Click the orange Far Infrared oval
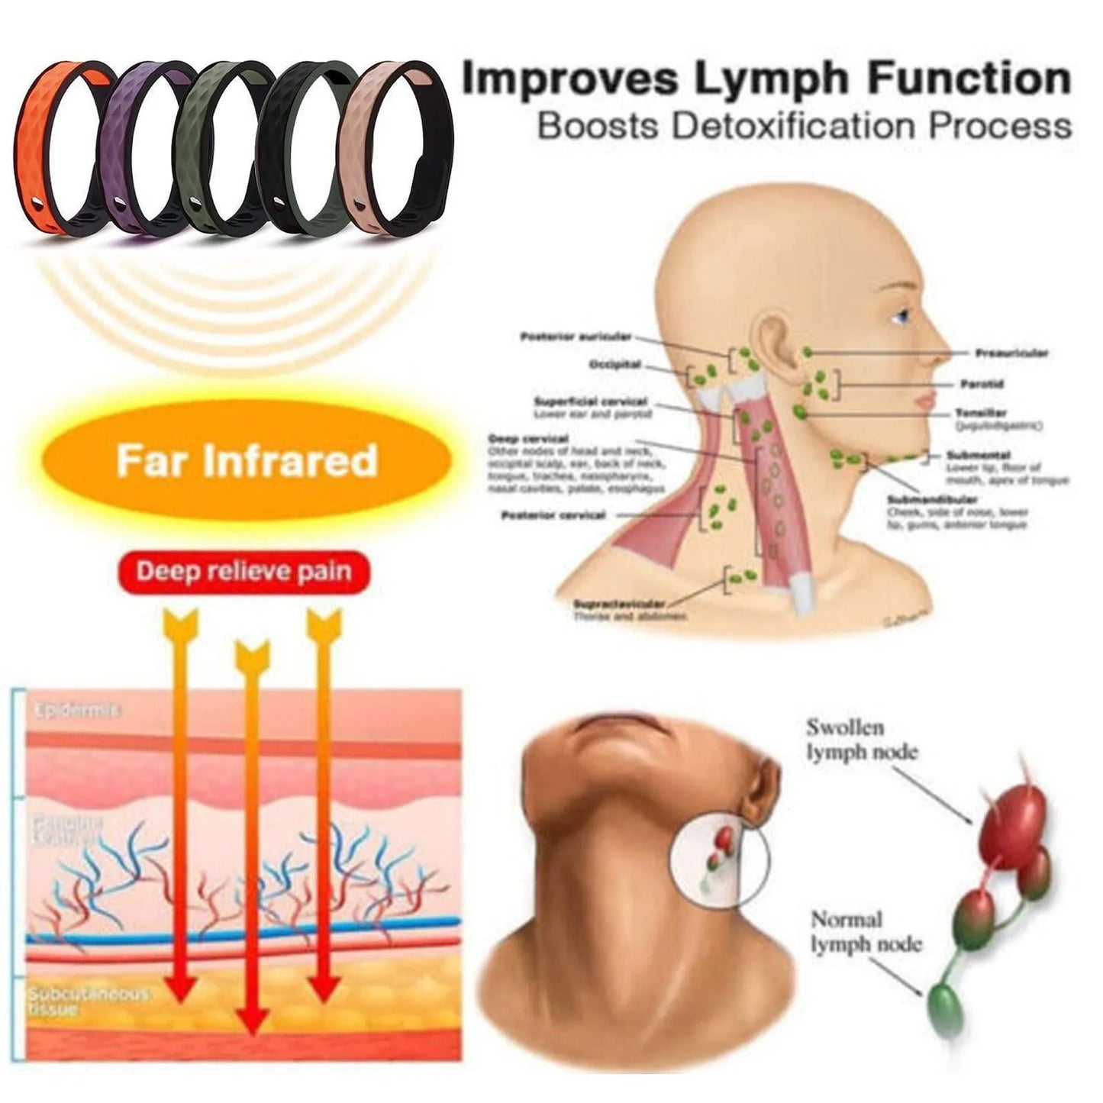[x=247, y=460]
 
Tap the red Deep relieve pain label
[x=243, y=572]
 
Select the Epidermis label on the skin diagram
[x=77, y=711]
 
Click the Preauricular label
[x=1011, y=353]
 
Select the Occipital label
[x=614, y=365]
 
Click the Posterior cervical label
[x=553, y=516]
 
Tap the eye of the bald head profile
[x=904, y=314]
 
